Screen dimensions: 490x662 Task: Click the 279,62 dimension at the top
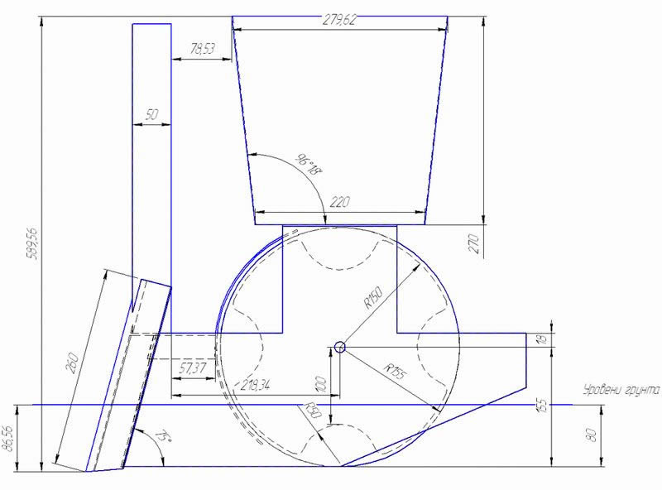339,21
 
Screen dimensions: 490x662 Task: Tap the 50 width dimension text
151,116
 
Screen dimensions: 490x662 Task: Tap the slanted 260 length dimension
73,363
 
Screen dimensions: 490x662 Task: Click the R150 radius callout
374,299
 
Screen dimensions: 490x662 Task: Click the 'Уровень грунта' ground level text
621,388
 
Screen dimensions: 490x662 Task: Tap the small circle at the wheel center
338,348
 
